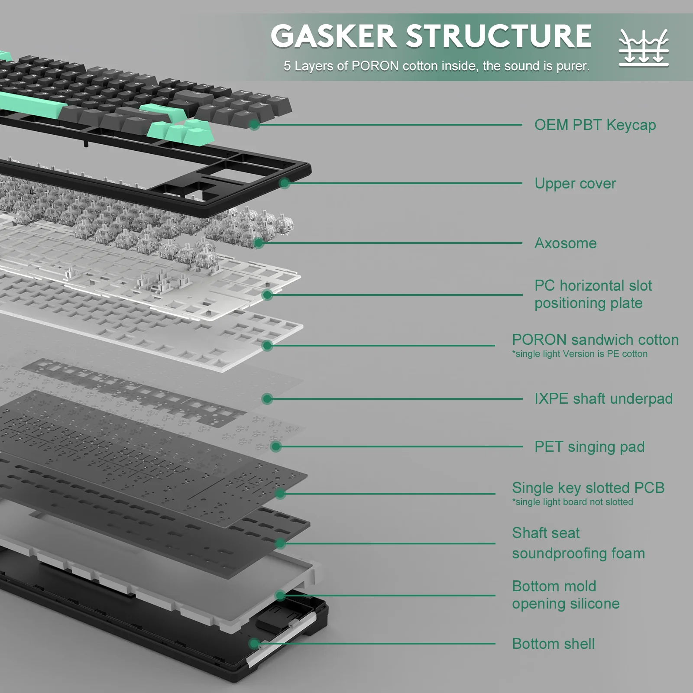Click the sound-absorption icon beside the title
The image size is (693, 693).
pyautogui.click(x=644, y=48)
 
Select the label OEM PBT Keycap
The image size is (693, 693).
pyautogui.click(x=595, y=125)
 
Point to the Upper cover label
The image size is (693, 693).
pyautogui.click(x=575, y=183)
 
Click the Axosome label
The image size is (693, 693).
pyautogui.click(x=566, y=243)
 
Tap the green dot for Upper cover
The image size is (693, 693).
pyautogui.click(x=285, y=183)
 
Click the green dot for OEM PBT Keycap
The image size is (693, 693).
pyautogui.click(x=254, y=125)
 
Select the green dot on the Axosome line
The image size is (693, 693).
pyautogui.click(x=259, y=243)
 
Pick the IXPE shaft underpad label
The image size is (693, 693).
pyautogui.click(x=603, y=398)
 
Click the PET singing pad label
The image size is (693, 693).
pyautogui.click(x=589, y=447)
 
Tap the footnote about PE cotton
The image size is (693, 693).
pyautogui.click(x=580, y=354)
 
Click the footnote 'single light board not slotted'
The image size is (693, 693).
pyautogui.click(x=573, y=502)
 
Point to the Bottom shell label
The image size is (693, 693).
pyautogui.click(x=553, y=644)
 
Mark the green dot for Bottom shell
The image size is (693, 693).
pyautogui.click(x=255, y=644)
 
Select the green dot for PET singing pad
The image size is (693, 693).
pyautogui.click(x=276, y=447)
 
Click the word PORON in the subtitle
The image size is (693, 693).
pyautogui.click(x=375, y=66)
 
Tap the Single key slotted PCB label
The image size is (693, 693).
pyautogui.click(x=588, y=488)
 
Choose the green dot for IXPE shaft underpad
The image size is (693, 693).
pyautogui.click(x=267, y=398)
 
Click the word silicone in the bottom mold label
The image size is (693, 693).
pyautogui.click(x=593, y=603)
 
